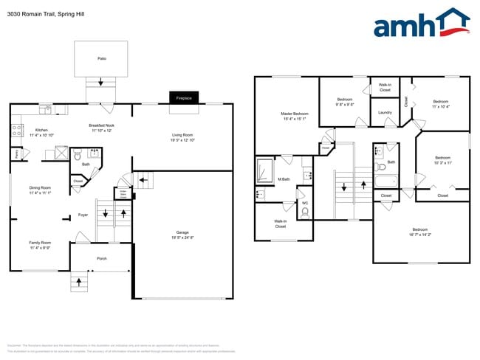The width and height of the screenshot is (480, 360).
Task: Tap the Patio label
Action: [x=102, y=57]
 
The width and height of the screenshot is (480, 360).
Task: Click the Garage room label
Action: [x=182, y=232]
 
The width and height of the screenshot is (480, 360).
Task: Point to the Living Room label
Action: [x=182, y=135]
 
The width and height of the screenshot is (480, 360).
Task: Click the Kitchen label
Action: [x=41, y=130]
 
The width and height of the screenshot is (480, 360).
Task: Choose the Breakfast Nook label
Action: [x=101, y=125]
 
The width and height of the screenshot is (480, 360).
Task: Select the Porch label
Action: [x=102, y=258]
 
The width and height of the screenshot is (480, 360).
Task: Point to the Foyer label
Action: [x=83, y=215]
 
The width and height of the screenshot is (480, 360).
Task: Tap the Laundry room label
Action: [x=385, y=112]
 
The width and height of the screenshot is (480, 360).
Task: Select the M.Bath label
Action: [x=283, y=180]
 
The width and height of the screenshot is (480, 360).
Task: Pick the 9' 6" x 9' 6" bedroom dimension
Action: [x=346, y=105]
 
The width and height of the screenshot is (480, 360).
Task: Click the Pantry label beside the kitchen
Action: [x=16, y=153]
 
